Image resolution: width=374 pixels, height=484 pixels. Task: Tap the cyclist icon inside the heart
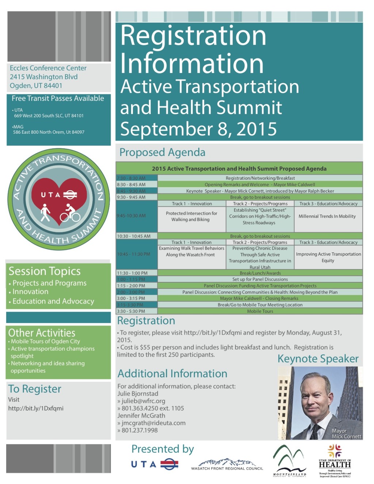click(x=70, y=214)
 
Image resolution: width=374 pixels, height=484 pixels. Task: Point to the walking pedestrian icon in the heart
click(x=45, y=213)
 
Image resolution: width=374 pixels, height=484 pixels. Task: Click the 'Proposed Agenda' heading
click(x=162, y=152)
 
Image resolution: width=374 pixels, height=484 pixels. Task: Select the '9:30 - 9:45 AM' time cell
click(x=131, y=197)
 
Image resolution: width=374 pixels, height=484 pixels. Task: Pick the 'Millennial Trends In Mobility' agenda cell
click(x=327, y=216)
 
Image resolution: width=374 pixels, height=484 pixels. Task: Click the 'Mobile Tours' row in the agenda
click(x=260, y=311)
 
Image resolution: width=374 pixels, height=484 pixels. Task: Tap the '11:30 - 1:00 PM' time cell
click(x=132, y=273)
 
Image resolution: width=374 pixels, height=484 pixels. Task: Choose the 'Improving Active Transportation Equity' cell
click(x=328, y=257)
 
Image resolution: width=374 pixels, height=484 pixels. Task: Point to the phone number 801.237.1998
click(x=140, y=430)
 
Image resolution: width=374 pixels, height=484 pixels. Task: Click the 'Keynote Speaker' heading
click(x=318, y=359)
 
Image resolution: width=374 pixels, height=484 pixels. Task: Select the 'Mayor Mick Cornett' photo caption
click(x=346, y=434)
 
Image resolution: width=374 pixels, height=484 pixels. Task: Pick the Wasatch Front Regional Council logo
click(x=227, y=465)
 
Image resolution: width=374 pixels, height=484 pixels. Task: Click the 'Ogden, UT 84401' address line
click(x=36, y=86)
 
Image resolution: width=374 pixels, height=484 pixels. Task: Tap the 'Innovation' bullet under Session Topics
click(x=30, y=292)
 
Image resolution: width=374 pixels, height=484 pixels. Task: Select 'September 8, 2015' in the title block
click(x=198, y=129)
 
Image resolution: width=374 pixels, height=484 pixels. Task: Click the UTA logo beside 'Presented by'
click(x=154, y=465)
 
